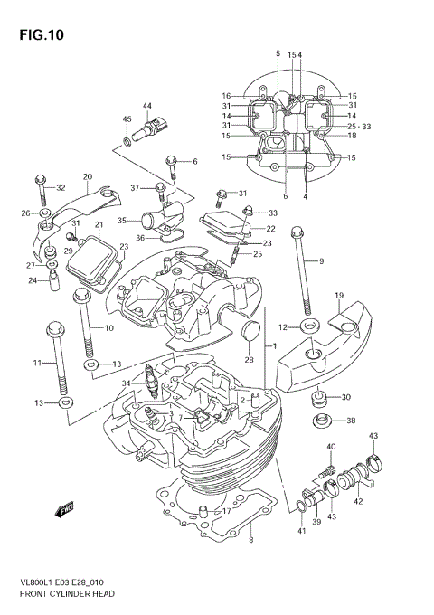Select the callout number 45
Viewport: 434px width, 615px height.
(127, 120)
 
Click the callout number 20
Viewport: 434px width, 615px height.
(88, 176)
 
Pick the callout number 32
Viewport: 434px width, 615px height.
(61, 188)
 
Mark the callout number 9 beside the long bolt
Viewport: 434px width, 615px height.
(320, 261)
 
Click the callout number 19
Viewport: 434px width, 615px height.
(339, 297)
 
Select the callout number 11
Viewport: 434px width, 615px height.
(38, 364)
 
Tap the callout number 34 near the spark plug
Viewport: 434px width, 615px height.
(126, 383)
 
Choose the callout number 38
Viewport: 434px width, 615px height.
(351, 421)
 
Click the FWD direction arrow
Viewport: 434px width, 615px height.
(65, 513)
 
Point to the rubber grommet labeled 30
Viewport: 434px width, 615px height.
(319, 397)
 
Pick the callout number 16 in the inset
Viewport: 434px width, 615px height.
(226, 96)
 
